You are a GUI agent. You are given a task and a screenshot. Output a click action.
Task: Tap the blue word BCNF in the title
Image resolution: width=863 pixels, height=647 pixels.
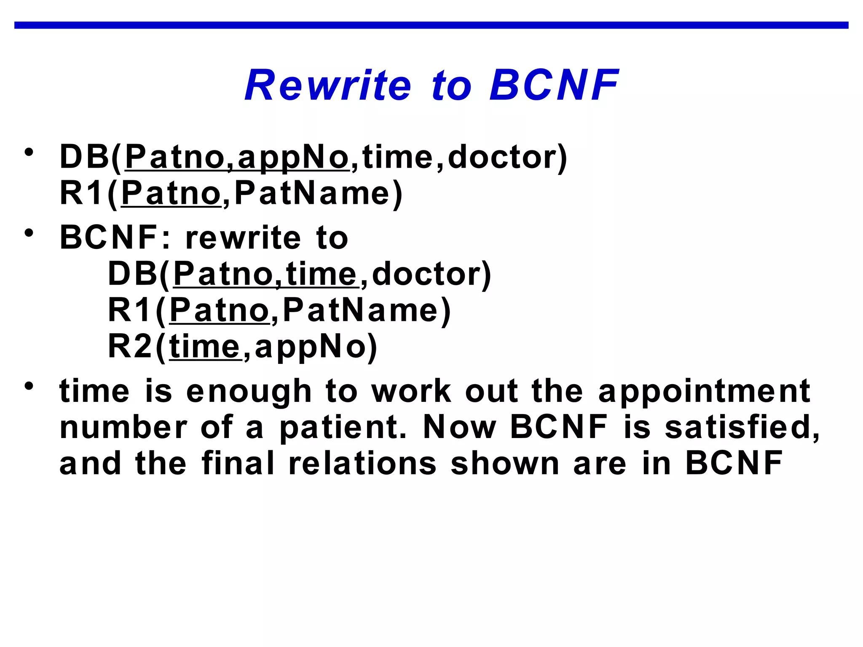pos(554,86)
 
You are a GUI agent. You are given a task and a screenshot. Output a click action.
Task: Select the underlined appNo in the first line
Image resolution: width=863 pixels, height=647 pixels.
pos(293,158)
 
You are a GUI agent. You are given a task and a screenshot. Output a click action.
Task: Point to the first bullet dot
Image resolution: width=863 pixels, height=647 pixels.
pos(29,152)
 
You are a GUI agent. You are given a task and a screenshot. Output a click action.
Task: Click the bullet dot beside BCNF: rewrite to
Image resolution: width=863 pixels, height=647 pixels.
pos(29,233)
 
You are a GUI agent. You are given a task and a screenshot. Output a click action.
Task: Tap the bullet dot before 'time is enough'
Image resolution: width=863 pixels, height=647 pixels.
pos(29,386)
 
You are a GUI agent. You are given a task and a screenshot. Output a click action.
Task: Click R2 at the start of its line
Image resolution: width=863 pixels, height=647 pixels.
pos(129,347)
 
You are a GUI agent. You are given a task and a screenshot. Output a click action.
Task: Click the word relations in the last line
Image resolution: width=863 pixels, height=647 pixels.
pos(362,464)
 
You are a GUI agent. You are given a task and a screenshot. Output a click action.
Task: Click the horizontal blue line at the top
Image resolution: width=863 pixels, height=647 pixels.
pos(431,25)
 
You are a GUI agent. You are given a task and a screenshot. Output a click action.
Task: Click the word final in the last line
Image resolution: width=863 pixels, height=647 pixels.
pos(238,464)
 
